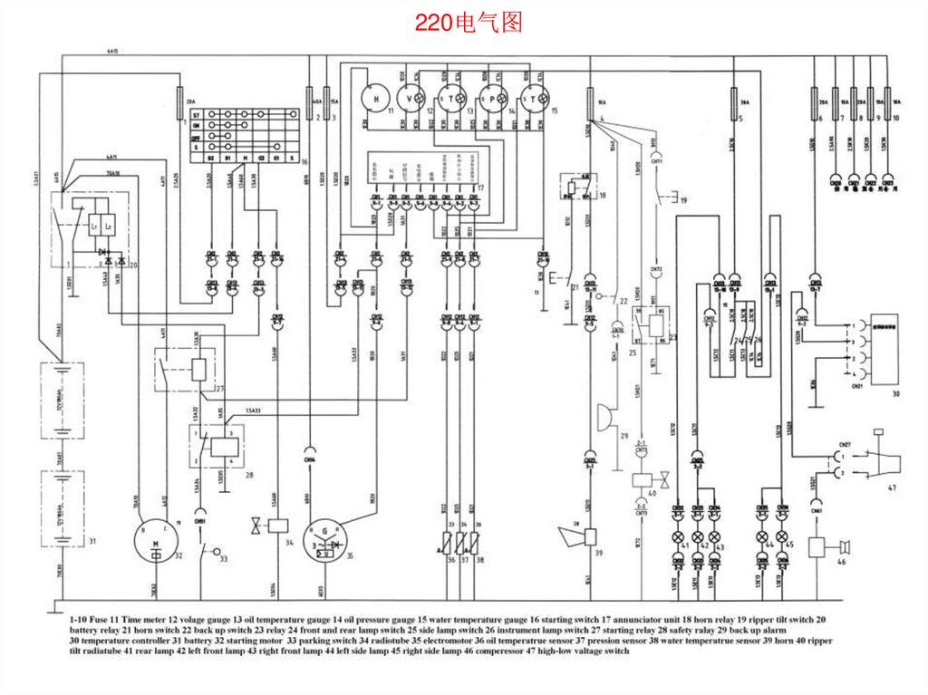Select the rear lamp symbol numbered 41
pos(681,537)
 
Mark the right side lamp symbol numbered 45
pos(782,537)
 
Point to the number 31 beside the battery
pos(92,541)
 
